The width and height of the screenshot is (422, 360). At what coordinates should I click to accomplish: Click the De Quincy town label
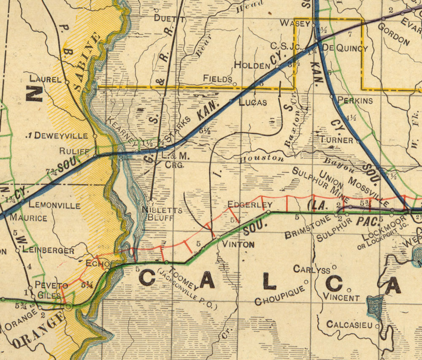click(x=345, y=49)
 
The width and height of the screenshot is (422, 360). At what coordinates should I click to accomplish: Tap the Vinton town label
click(x=238, y=244)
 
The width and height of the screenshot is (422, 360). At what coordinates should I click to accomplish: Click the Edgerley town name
click(x=249, y=205)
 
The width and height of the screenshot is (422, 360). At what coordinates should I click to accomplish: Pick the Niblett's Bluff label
click(x=162, y=214)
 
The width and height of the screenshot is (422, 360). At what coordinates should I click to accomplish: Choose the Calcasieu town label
click(x=349, y=325)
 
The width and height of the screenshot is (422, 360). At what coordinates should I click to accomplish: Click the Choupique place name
click(x=280, y=295)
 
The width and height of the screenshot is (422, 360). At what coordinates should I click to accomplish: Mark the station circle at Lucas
click(x=231, y=101)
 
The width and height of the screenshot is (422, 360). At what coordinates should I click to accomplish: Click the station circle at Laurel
click(x=67, y=81)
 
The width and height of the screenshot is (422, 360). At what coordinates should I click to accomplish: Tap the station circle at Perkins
click(x=332, y=97)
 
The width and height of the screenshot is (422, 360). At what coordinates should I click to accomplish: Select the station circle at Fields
click(x=235, y=84)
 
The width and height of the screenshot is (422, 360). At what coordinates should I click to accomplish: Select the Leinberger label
click(x=48, y=250)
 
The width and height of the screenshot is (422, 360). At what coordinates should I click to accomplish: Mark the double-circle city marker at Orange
click(x=68, y=305)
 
